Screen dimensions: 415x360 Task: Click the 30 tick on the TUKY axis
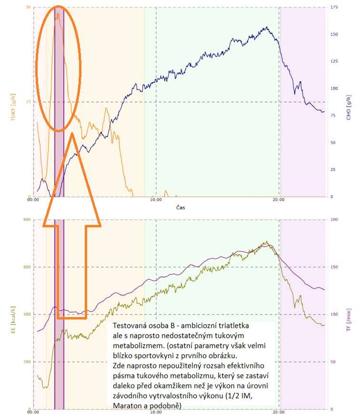click(28, 7)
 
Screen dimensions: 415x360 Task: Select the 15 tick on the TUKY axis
click(28, 102)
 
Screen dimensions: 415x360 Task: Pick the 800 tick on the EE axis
click(27, 220)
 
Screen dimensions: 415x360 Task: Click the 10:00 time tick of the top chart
click(156, 201)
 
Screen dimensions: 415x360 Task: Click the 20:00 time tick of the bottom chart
click(279, 413)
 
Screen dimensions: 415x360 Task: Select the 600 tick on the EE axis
click(27, 267)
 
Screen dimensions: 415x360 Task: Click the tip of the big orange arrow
click(71, 134)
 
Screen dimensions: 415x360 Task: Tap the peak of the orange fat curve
click(58, 13)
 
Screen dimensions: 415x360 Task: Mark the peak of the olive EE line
click(267, 242)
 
